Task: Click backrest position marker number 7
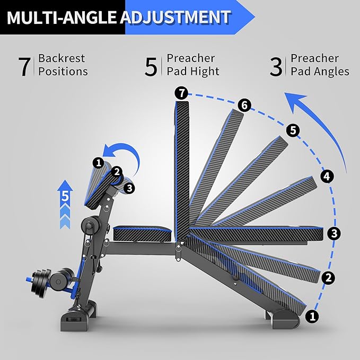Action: (181, 94)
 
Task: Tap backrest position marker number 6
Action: (243, 105)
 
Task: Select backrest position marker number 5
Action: (293, 129)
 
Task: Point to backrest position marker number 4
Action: (327, 176)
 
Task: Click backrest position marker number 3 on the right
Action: (333, 233)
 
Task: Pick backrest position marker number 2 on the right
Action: (328, 277)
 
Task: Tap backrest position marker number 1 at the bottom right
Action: (313, 317)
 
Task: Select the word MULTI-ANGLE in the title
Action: (62, 17)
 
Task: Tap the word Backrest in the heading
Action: (61, 58)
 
